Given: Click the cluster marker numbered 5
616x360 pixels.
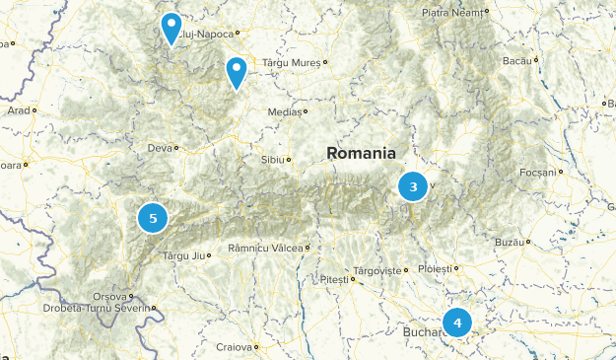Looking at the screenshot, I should pos(153,217).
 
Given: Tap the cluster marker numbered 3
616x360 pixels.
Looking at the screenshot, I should pos(413,186).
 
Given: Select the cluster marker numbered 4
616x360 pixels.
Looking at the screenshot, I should pos(457,323).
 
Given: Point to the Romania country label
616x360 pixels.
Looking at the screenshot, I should pos(361,154).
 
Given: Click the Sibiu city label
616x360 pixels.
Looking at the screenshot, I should pos(272,159).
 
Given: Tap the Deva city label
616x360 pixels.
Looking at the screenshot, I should pos(159,148).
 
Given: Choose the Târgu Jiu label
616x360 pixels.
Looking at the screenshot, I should pos(182,255).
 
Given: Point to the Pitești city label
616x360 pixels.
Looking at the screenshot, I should pos(334,280).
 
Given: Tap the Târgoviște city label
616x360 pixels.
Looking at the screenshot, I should pos(377,269).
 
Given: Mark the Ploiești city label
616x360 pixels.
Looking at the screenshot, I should pos(433,267).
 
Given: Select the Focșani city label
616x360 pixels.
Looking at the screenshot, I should pos(538,172).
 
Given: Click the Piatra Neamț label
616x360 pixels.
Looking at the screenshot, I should pos(453,12).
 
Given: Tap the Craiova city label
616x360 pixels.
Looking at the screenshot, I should pos(236,347).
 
